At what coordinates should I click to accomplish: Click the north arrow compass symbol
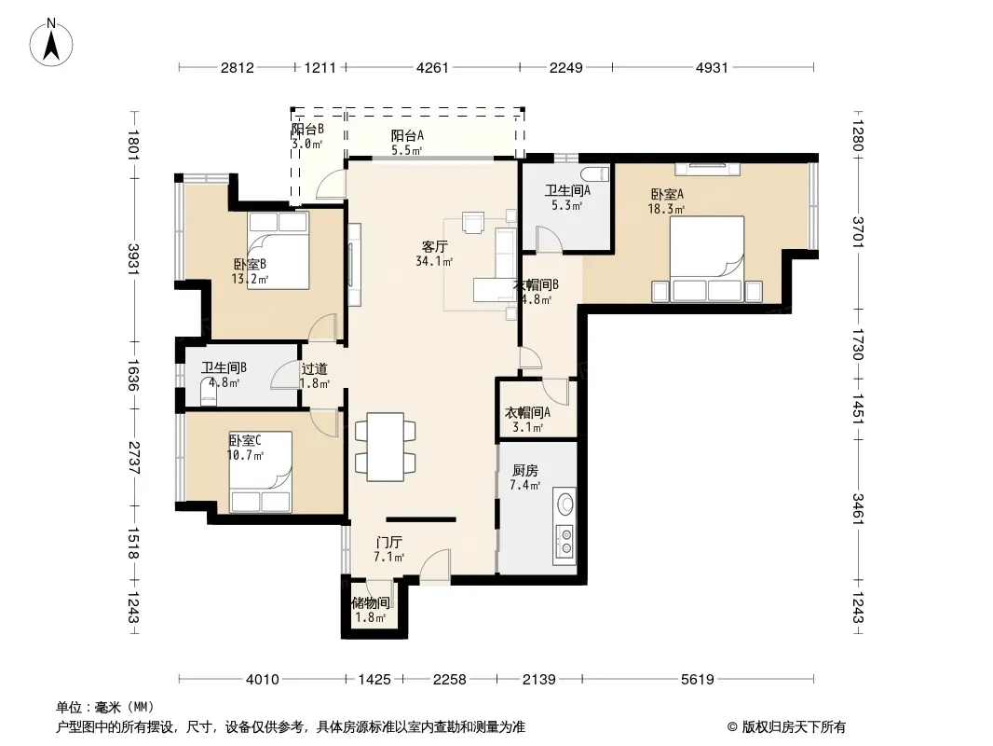coord(51,43)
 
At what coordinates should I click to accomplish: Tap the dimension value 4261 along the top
coord(432,67)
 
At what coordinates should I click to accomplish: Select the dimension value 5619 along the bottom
coord(698,680)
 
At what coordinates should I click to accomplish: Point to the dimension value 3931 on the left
coord(133,259)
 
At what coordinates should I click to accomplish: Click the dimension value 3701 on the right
coord(858,232)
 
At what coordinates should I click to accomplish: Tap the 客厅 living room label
coord(435,246)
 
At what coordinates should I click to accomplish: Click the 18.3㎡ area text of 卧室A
coord(666,209)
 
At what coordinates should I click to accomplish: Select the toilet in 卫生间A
coord(595,173)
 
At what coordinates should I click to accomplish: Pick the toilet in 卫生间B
coord(209,393)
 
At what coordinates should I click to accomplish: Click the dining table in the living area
coord(386,447)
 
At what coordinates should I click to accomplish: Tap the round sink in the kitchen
coord(565,504)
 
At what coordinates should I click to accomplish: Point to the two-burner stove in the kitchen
coord(565,544)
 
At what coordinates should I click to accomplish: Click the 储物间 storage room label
coord(371,603)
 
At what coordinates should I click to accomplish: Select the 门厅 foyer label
coord(388,543)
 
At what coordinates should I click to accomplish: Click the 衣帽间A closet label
coord(527,412)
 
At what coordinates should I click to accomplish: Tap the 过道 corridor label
coord(314,369)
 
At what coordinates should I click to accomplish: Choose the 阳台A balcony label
coord(407,135)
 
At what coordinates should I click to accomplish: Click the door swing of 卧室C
coord(324,422)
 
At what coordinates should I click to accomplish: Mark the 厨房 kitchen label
coord(525,470)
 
